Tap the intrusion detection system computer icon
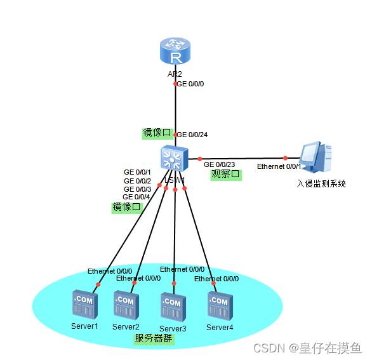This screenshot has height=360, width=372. [x=316, y=158]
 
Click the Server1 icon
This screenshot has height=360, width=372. [x=84, y=305]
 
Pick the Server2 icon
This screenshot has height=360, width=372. [x=125, y=305]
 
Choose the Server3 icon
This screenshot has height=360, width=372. [x=172, y=307]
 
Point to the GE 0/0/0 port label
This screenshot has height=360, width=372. [x=190, y=84]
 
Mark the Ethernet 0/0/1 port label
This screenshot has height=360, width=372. [x=279, y=166]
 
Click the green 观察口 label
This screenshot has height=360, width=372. [x=226, y=175]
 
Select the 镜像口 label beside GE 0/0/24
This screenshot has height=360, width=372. [x=157, y=133]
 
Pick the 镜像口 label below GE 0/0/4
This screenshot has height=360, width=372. [x=126, y=208]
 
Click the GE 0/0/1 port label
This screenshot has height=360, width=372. [x=137, y=172]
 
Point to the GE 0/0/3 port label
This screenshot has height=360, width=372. [x=137, y=189]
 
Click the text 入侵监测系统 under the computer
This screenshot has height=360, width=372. [x=321, y=183]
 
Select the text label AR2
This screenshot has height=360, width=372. [x=175, y=74]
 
